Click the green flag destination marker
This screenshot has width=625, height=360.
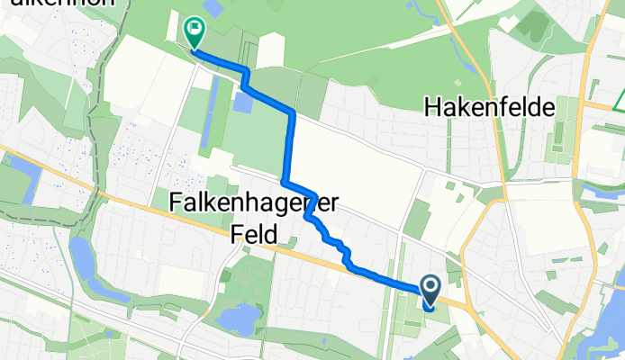click(195, 31)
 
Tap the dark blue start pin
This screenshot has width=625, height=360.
click(430, 289)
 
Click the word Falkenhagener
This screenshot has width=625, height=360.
click(252, 204)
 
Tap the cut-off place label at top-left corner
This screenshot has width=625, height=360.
click(59, 4)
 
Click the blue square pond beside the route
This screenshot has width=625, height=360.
click(242, 102)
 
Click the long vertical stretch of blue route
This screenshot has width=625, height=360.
click(291, 144)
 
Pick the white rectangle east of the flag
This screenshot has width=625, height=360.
click(271, 50)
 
